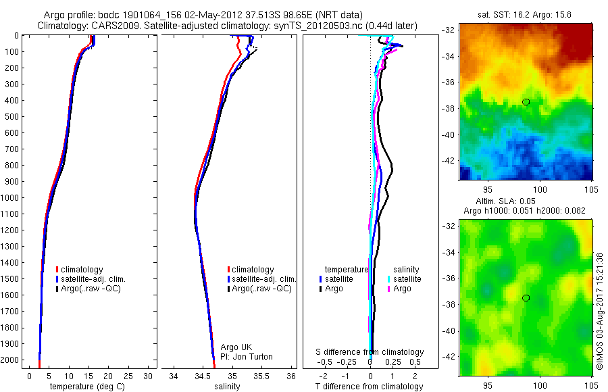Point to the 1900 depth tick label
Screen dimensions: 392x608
pyautogui.click(x=11, y=344)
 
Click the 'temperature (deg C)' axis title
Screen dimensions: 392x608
pyautogui.click(x=86, y=387)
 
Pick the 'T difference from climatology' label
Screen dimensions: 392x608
pyautogui.click(x=370, y=387)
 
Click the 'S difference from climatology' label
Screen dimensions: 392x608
pyautogui.click(x=370, y=352)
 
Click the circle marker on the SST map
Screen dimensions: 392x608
pyautogui.click(x=526, y=102)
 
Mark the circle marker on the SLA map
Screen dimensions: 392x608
pyautogui.click(x=526, y=298)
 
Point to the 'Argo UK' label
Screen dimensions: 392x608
pyautogui.click(x=236, y=347)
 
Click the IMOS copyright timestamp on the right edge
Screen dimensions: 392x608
pyautogui.click(x=600, y=312)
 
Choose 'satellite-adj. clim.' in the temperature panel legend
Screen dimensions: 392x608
pyautogui.click(x=93, y=279)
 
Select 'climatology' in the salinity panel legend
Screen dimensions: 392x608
pyautogui.click(x=252, y=270)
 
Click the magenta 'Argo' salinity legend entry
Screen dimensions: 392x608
pyautogui.click(x=402, y=289)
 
